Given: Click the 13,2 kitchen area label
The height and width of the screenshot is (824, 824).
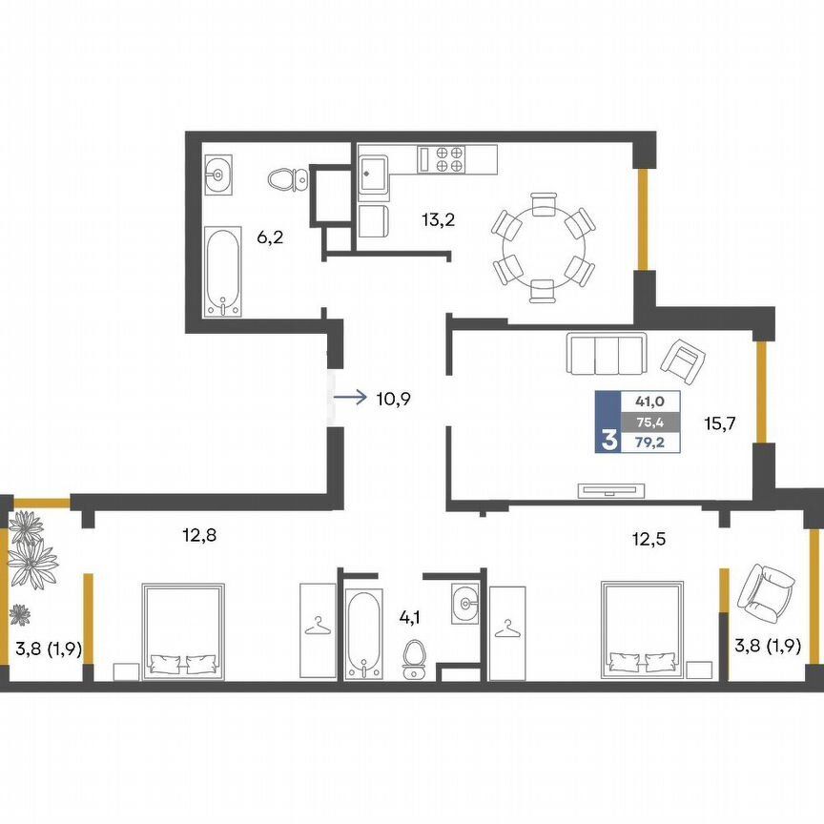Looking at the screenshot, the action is coord(438,219).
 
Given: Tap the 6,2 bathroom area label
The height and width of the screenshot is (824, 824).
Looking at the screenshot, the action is coord(270,237).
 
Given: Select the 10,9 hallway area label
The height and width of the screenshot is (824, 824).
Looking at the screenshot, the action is coord(393,400).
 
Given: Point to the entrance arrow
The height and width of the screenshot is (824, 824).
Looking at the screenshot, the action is coord(349,398).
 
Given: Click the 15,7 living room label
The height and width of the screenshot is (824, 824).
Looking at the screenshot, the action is coord(720,423).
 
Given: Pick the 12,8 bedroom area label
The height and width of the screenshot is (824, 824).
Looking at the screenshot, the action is coord(199,535).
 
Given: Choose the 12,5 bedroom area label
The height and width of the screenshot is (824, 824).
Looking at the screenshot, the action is coord(649,539).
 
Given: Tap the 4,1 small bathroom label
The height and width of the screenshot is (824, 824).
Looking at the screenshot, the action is coord(410,617).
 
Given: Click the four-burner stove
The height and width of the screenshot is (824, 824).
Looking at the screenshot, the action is coord(442,159).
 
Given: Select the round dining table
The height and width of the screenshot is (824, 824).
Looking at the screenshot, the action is coord(544,247).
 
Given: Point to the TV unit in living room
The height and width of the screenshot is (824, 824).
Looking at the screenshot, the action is coord(610,490).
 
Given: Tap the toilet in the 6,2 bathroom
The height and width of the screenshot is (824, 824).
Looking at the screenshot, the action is coord(288,179).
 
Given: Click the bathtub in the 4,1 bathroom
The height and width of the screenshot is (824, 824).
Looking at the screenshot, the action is coord(362,634).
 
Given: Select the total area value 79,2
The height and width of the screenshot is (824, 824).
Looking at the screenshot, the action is coord(650,443).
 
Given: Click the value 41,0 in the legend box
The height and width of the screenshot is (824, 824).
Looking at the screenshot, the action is coord(650,402).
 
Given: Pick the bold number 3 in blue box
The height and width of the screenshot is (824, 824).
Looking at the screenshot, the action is coord(608,441).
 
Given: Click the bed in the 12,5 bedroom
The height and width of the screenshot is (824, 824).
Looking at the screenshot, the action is coord(642,629).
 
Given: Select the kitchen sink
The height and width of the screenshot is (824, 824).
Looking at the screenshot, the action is coord(374,174).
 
